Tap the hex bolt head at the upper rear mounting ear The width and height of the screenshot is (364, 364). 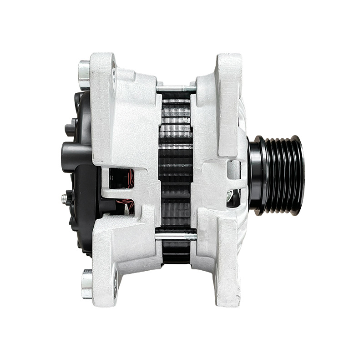pyautogui.click(x=84, y=74)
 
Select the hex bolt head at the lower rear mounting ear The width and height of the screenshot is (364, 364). pyautogui.click(x=86, y=284)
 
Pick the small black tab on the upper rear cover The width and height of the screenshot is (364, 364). pyautogui.click(x=71, y=127)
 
